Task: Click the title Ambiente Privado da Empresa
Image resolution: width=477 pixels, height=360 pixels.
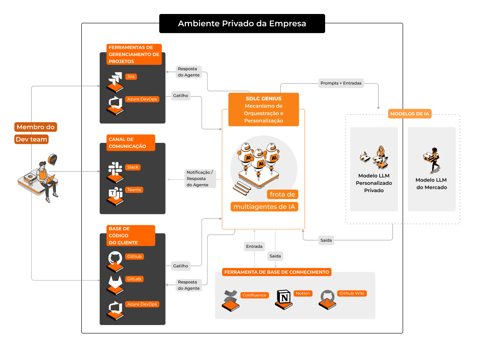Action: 242,24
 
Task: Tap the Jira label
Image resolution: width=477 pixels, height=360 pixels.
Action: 131,77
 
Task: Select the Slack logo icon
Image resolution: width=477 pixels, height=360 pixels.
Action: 115,168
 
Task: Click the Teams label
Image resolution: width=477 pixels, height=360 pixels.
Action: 134,190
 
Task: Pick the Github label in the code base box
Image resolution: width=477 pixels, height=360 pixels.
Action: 134,257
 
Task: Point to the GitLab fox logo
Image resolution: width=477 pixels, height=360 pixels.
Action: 115,282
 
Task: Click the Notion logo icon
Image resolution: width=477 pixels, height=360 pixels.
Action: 284,297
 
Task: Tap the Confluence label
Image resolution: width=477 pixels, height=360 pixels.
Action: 254,295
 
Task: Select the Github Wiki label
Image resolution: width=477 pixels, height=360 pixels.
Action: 352,293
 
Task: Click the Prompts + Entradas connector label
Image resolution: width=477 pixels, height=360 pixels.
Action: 341,83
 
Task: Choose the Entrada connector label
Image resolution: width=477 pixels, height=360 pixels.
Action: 254,247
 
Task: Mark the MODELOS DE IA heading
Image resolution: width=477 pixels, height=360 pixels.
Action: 410,114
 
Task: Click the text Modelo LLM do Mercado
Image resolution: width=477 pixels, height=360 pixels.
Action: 431,184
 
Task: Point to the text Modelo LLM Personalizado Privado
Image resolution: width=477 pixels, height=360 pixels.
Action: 374,183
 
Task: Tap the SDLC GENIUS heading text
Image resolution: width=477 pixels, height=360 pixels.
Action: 264,99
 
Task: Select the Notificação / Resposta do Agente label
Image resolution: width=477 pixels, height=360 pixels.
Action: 199,179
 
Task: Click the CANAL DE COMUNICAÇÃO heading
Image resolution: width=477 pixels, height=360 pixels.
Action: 127,143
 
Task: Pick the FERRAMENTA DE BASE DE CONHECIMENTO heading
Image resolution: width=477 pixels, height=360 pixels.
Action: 277,272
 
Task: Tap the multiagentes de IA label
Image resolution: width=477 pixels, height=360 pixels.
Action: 264,207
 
